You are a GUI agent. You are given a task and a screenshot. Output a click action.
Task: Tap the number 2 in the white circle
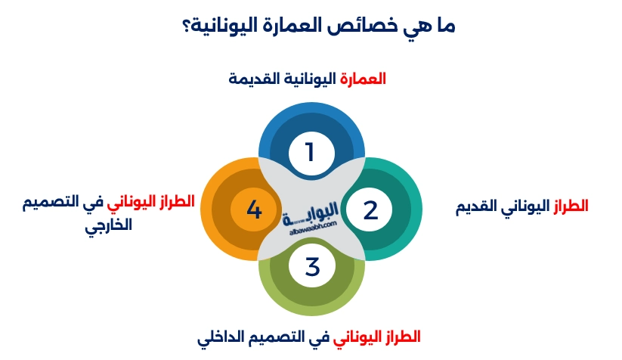[370, 209]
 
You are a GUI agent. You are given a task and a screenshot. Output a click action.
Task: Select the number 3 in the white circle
[312, 265]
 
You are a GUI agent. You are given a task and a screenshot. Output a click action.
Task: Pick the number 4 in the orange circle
[254, 209]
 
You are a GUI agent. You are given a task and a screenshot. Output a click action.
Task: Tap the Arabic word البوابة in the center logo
[311, 217]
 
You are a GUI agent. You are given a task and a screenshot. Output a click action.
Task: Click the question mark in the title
[173, 26]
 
